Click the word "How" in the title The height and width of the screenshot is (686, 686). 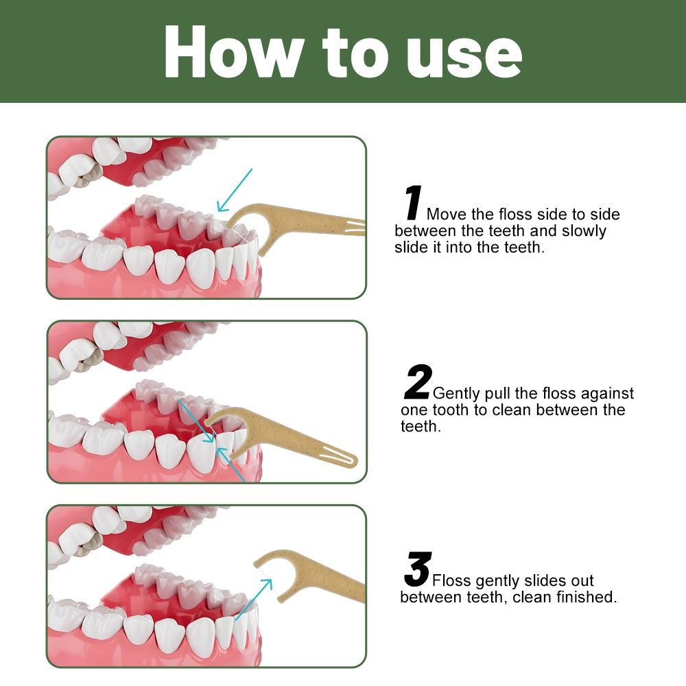click(x=234, y=51)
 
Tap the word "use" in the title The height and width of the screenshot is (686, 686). click(x=464, y=57)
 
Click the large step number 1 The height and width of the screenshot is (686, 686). click(x=413, y=202)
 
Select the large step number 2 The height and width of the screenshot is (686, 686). click(x=418, y=381)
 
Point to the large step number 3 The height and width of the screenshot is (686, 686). click(x=418, y=569)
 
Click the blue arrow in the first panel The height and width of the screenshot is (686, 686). click(x=235, y=190)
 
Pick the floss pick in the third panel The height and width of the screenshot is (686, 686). click(x=306, y=573)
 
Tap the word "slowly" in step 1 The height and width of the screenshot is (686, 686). click(x=584, y=231)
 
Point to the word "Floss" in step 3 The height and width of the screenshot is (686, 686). click(x=451, y=580)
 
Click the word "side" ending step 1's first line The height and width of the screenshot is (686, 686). click(x=605, y=214)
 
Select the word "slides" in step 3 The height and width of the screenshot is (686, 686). click(x=545, y=580)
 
